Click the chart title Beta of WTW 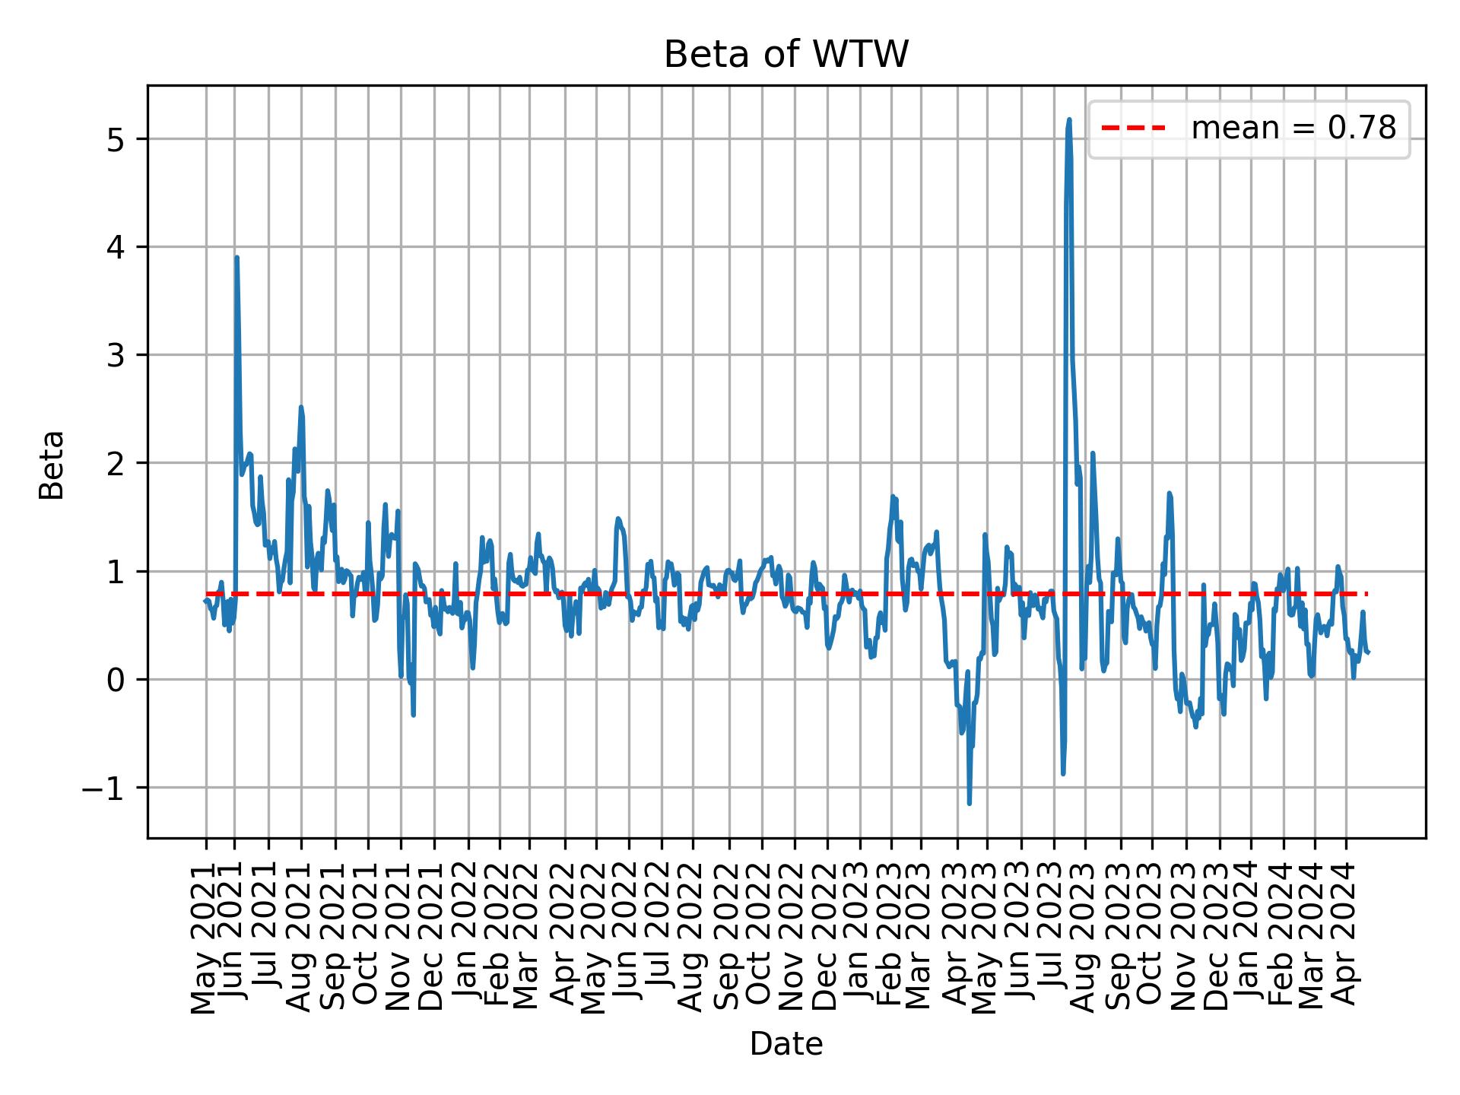click(x=786, y=55)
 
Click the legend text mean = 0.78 click(x=1293, y=129)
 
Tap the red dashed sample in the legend click(x=1133, y=129)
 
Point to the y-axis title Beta click(x=52, y=464)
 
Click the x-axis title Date click(x=786, y=1044)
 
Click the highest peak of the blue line click(x=1069, y=120)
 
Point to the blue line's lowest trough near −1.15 click(x=969, y=803)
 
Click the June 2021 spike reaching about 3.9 click(x=236, y=258)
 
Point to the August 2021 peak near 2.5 click(x=301, y=408)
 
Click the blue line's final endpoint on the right click(x=1368, y=652)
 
